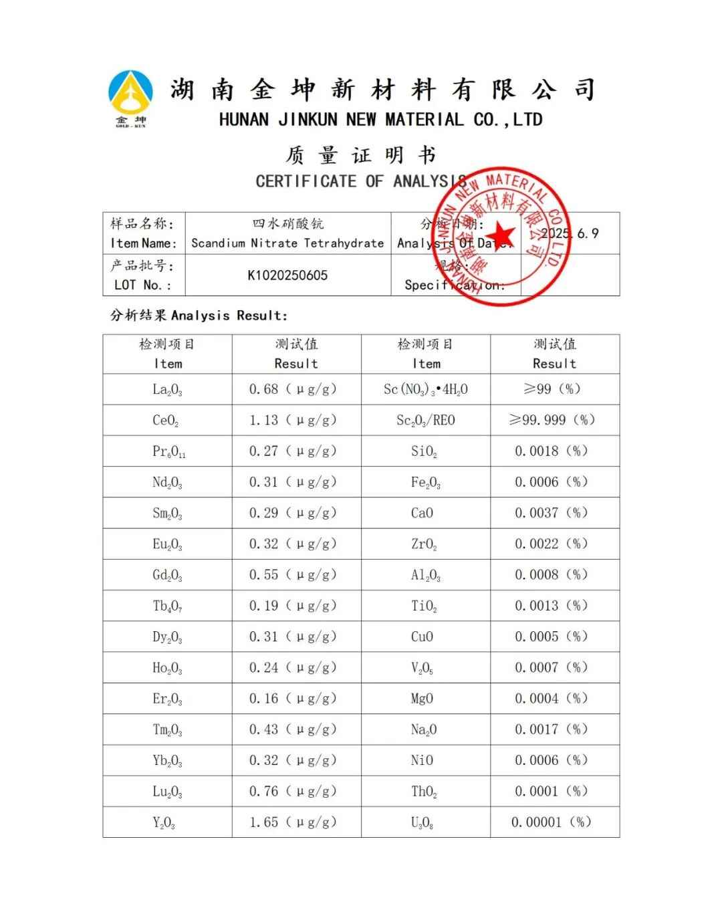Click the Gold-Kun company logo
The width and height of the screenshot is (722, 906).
tap(130, 98)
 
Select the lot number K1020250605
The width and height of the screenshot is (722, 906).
tap(287, 275)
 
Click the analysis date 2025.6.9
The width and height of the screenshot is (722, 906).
tap(570, 233)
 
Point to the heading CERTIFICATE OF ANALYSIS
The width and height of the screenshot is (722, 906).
tap(361, 181)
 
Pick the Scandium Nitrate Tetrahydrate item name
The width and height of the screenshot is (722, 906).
tap(287, 243)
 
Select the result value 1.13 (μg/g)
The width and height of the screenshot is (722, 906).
tap(293, 421)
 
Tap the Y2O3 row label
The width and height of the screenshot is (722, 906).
tap(164, 823)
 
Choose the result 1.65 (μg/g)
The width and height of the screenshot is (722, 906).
tap(293, 822)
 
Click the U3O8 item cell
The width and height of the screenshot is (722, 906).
tap(423, 823)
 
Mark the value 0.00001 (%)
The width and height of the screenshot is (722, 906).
tap(552, 822)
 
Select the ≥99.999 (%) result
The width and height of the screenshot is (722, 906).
tap(552, 421)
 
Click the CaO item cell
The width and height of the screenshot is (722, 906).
tap(423, 514)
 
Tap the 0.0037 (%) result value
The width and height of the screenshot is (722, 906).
tap(552, 514)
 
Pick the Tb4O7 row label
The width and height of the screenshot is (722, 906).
tap(167, 606)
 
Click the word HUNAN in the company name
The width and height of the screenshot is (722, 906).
tap(244, 120)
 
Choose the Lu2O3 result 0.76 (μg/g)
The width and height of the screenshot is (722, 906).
tap(293, 792)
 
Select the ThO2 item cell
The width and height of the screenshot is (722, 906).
tap(425, 792)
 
